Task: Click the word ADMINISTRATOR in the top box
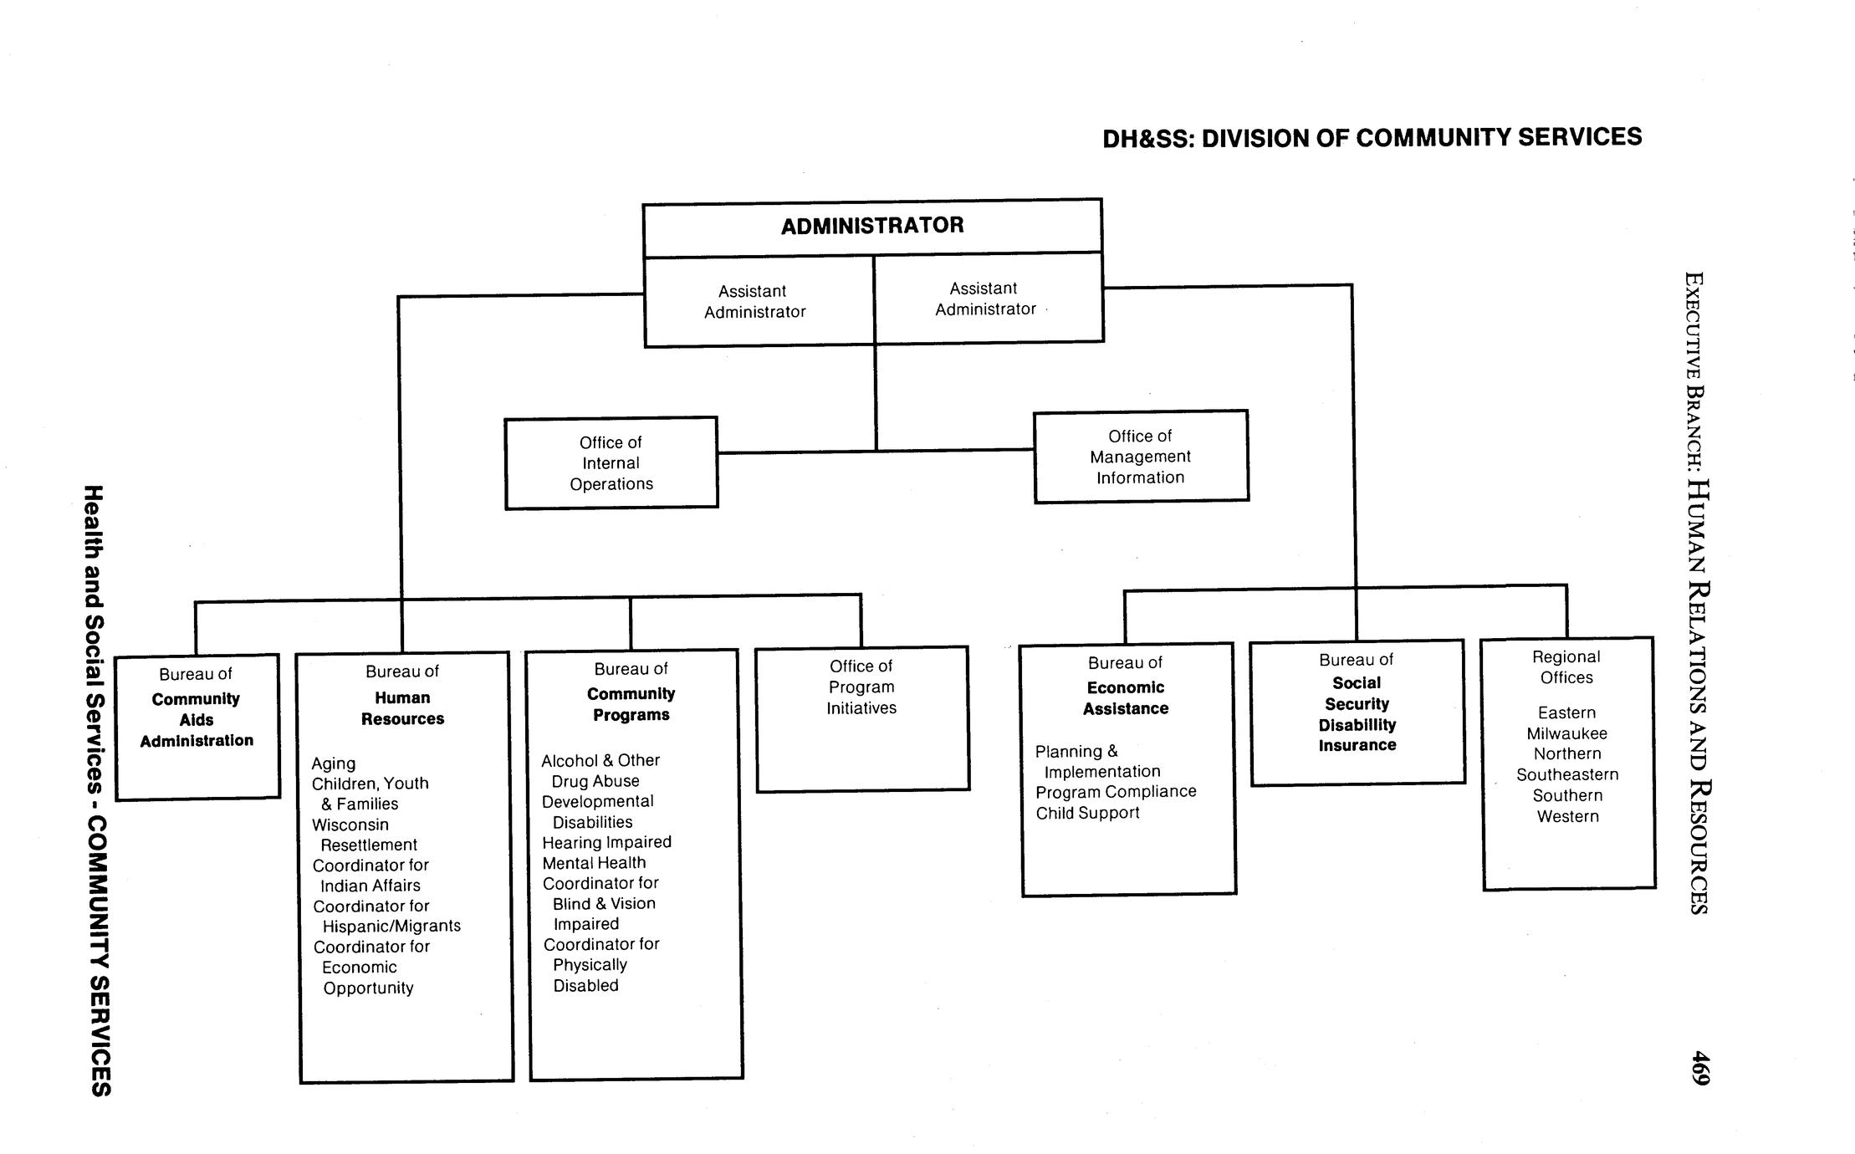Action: [872, 226]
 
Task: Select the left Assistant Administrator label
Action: [754, 301]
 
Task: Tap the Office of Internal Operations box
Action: [611, 463]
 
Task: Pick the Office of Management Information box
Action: [1140, 457]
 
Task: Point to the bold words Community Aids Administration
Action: [197, 719]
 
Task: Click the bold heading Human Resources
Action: [402, 707]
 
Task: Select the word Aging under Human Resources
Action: [334, 763]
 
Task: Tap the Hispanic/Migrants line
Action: [391, 926]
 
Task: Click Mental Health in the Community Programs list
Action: [594, 863]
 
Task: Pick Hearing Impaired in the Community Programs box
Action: [606, 842]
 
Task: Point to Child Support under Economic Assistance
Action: [1087, 813]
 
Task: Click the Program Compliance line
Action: [1116, 791]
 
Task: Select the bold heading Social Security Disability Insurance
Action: [1357, 714]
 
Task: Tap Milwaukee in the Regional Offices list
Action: [1566, 733]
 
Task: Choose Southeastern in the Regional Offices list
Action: [1567, 774]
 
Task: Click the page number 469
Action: [1700, 1068]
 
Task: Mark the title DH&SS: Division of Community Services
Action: [1372, 138]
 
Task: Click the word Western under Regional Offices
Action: [1567, 816]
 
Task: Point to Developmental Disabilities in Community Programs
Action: [597, 811]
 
